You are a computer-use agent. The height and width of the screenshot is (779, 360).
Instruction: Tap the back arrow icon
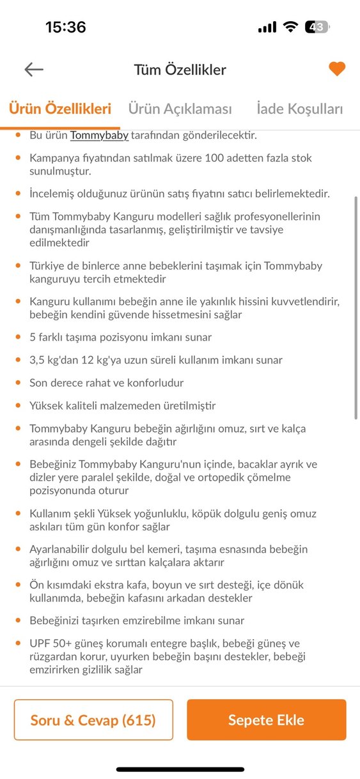point(34,70)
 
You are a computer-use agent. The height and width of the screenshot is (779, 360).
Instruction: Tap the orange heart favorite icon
point(337,69)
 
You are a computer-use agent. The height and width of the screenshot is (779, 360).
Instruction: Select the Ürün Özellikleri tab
point(60,109)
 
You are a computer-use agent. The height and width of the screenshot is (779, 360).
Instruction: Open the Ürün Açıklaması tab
point(180,109)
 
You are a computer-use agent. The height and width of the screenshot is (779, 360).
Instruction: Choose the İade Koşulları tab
point(299,109)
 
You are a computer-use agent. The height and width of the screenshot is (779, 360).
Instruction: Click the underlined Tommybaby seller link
point(99,135)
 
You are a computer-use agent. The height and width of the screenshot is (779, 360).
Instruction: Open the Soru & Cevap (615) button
point(93,720)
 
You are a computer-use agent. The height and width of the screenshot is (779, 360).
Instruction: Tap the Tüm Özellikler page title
point(180,70)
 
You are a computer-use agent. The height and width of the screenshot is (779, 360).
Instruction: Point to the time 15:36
point(65,27)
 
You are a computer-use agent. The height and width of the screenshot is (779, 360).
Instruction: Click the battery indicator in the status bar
point(317,27)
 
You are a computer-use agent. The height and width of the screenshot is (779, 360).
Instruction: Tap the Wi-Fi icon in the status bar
point(291,27)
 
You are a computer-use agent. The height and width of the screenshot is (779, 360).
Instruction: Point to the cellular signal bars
point(267,27)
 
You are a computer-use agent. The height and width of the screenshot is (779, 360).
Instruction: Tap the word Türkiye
point(47,266)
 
